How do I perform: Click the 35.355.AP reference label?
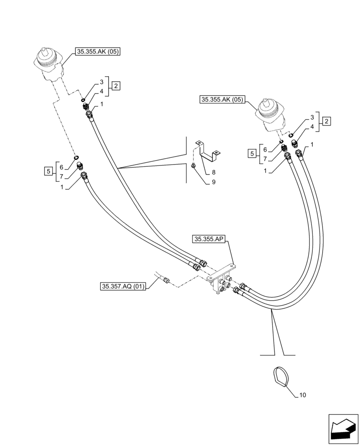pos(210,240)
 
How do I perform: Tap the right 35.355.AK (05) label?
pos(222,100)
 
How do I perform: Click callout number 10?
pos(303,395)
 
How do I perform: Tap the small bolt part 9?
pos(193,165)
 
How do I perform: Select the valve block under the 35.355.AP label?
pos(221,281)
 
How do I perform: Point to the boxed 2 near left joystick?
pos(115,86)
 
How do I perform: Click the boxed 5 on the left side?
pos(48,170)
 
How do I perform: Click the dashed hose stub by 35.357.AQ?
pos(164,279)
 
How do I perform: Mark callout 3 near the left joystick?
pos(102,82)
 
